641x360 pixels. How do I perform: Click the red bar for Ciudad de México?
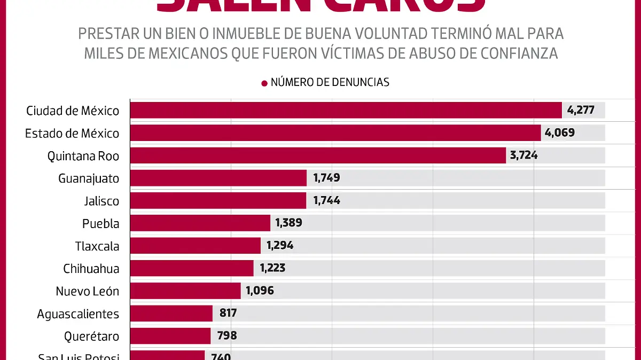click(346, 111)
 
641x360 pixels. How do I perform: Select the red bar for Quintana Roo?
click(318, 155)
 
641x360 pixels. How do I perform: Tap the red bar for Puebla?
click(200, 223)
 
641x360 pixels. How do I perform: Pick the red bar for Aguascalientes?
click(171, 313)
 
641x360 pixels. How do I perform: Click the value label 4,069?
click(560, 133)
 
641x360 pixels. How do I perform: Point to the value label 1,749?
click(326, 178)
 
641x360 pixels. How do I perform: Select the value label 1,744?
click(326, 201)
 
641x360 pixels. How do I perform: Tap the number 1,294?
click(280, 246)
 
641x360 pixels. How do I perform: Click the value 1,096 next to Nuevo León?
click(260, 291)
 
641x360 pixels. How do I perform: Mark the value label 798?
click(227, 336)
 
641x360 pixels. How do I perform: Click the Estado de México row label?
click(72, 134)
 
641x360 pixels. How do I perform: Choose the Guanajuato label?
click(89, 178)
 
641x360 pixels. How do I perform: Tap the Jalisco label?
click(101, 201)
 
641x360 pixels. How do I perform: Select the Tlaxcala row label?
click(97, 246)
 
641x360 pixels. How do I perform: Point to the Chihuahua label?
click(91, 269)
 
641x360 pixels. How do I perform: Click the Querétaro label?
click(91, 336)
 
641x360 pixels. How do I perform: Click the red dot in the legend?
click(264, 83)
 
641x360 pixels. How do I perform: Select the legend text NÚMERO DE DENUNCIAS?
click(330, 82)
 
